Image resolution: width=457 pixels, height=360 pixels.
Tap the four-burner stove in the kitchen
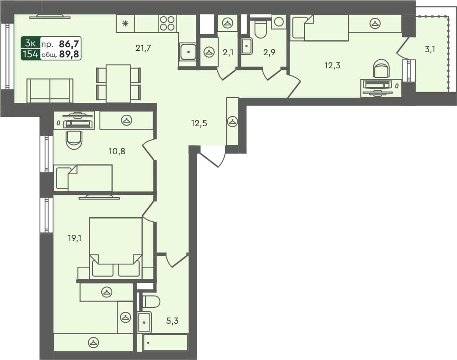167,23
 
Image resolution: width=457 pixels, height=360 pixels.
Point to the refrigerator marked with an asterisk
125,24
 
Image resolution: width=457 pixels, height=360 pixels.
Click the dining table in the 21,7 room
118,83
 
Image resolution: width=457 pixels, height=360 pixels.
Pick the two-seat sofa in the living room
50,90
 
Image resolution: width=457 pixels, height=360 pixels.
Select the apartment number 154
31,55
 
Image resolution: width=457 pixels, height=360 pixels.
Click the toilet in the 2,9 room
260,28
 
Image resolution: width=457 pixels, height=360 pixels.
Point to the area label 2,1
228,53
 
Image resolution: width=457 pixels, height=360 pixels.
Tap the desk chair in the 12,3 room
381,69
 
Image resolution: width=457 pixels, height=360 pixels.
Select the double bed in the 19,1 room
116,247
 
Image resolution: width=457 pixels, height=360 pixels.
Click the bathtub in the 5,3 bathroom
165,342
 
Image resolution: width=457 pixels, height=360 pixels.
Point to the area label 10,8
117,152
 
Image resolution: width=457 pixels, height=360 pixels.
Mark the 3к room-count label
31,43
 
